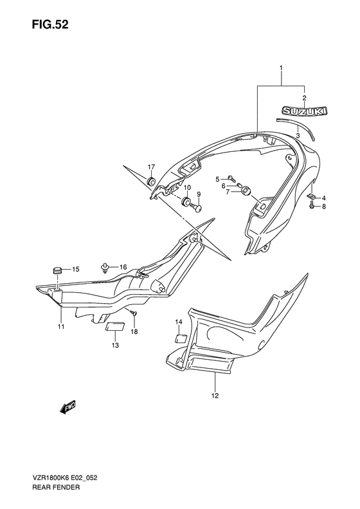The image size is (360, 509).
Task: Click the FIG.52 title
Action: (50, 24)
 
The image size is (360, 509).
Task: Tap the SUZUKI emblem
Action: (304, 111)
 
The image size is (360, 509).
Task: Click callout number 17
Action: (152, 167)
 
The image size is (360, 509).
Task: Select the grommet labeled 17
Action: (151, 181)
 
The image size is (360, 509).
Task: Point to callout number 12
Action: (215, 396)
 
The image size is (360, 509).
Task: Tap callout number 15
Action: (76, 269)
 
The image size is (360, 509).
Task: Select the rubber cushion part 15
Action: (57, 270)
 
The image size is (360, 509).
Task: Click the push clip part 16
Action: (105, 267)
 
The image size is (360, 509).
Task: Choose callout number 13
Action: (116, 346)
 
